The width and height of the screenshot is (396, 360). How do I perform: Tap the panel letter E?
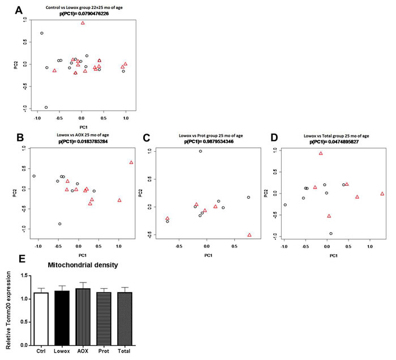click(x=21, y=260)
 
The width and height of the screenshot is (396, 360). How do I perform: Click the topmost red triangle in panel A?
click(x=83, y=23)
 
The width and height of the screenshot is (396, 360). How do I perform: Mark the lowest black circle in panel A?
click(x=46, y=107)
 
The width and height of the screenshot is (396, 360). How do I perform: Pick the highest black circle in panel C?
click(x=200, y=151)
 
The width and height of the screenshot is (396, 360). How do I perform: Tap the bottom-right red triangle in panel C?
click(x=249, y=234)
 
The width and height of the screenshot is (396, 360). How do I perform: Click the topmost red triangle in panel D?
click(x=321, y=153)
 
